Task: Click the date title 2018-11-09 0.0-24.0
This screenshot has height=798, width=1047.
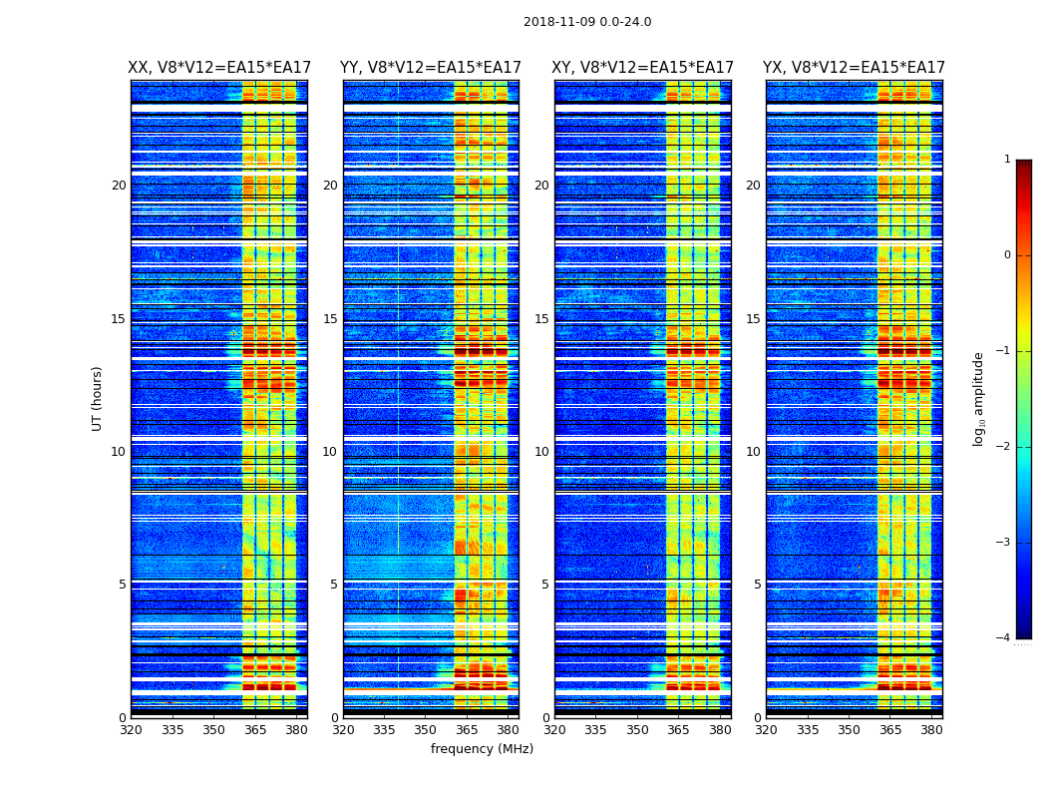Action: [587, 22]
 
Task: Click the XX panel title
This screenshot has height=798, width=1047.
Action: [218, 68]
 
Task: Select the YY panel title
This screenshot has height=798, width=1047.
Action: [431, 68]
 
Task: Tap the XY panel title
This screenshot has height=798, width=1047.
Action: [643, 68]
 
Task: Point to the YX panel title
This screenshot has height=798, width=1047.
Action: [854, 68]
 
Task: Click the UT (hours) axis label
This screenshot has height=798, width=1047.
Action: [98, 398]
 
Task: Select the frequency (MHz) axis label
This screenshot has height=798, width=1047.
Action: [482, 749]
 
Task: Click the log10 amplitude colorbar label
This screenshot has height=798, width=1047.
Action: [979, 398]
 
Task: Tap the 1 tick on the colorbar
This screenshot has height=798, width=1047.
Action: [1006, 160]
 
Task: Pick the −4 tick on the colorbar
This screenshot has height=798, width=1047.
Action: [1003, 638]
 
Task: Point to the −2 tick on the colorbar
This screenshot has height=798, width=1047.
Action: [1003, 447]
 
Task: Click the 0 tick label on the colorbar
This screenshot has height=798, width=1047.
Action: [1006, 255]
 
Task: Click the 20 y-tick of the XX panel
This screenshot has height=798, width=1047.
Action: [119, 186]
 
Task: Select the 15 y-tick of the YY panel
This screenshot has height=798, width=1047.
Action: [330, 319]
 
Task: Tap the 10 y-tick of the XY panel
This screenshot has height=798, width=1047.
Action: [541, 452]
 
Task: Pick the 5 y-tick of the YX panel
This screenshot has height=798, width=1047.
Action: [757, 585]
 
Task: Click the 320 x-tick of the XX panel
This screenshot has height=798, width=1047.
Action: [131, 729]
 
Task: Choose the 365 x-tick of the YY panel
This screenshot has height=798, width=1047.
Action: [467, 729]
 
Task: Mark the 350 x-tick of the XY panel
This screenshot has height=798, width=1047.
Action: [637, 729]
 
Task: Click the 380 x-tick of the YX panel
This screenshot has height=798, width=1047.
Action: [931, 729]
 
